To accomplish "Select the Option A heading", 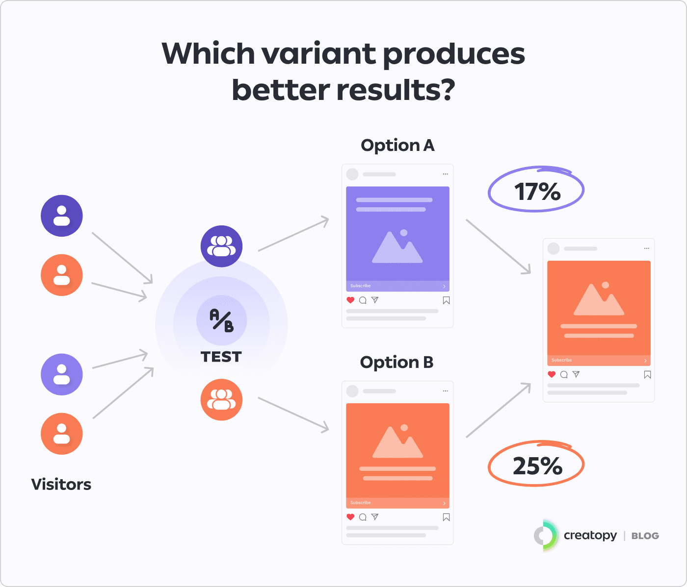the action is [x=397, y=146].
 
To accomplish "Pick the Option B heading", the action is [x=396, y=362].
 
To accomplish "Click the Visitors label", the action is [x=61, y=484].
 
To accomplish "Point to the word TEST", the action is [x=221, y=357].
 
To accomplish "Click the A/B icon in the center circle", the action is [x=222, y=320].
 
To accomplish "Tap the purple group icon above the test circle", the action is [x=221, y=246].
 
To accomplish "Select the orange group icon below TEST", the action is [x=221, y=399].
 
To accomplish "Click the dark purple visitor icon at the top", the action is [x=62, y=216].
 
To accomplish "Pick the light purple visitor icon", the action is [x=62, y=374].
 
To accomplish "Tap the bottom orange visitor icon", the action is [x=62, y=434].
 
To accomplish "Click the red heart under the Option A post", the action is [x=350, y=300].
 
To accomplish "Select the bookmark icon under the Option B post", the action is [x=446, y=517].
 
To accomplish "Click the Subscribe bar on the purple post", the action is [x=397, y=286].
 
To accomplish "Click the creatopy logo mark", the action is [x=545, y=535].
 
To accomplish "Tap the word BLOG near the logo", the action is [x=645, y=536].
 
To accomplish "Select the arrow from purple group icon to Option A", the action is [x=293, y=234].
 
